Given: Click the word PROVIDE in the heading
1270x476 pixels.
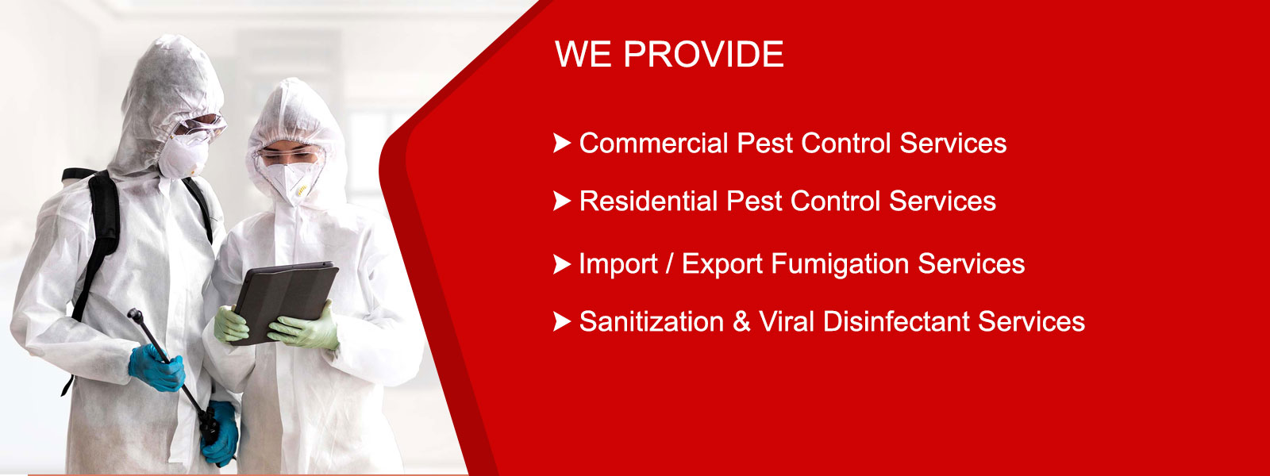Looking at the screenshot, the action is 703,55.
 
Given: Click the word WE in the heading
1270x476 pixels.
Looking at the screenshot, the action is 583,55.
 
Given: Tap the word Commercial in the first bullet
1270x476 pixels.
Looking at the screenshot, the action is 654,143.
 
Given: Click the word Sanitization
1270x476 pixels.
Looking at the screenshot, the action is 652,322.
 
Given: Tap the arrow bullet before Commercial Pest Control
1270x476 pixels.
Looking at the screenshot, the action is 562,144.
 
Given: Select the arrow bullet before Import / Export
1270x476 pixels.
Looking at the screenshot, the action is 562,264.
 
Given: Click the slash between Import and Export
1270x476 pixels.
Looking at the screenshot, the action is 670,264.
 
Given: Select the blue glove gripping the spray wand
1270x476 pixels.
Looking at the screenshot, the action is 156,368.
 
